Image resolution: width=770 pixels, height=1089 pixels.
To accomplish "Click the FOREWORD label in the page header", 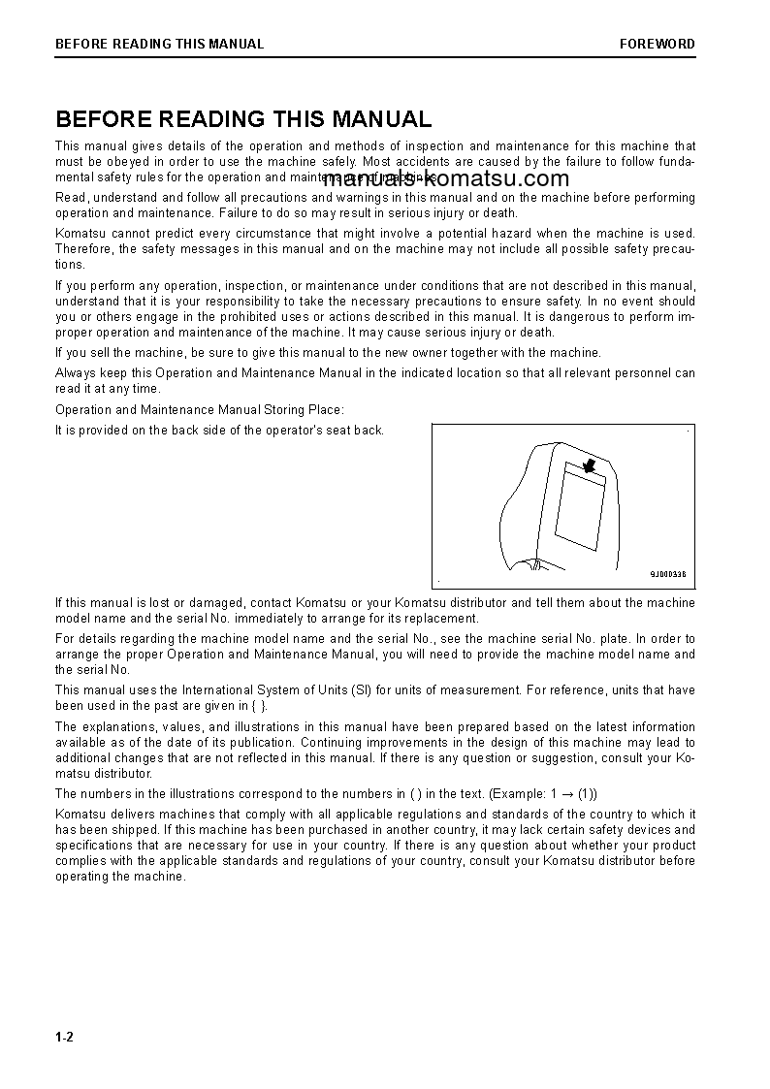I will (658, 44).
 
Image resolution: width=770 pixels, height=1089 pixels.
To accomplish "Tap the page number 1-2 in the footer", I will (65, 1038).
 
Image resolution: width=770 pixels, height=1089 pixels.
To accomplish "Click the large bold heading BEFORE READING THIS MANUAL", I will (243, 119).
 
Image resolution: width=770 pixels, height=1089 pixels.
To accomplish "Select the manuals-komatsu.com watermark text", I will (447, 178).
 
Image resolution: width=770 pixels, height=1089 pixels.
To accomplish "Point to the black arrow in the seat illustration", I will (588, 466).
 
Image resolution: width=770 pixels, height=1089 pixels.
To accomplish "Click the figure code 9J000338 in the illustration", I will (667, 574).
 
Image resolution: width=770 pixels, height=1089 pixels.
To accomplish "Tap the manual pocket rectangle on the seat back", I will (579, 506).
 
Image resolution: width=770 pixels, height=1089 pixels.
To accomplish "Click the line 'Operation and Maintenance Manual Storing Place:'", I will (200, 410).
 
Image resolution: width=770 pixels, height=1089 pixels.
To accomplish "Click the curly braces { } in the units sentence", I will (259, 706).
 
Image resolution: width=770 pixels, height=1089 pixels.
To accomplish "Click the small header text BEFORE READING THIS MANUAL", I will (159, 44).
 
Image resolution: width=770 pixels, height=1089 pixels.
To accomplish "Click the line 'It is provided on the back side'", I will (219, 431).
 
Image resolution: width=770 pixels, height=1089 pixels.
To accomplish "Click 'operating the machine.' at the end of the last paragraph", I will (120, 877).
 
